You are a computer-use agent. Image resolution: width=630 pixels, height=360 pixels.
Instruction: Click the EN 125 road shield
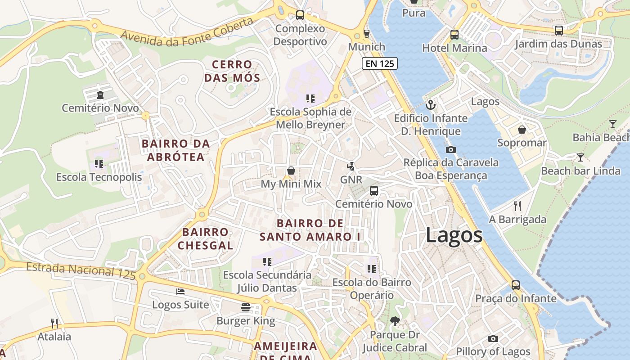coord(380,63)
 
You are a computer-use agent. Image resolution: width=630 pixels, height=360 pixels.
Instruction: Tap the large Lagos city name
coord(454,235)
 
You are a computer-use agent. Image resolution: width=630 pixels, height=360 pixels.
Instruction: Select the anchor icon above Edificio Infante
coord(431,105)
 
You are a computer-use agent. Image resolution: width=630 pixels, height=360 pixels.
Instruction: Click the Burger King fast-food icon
coord(246,307)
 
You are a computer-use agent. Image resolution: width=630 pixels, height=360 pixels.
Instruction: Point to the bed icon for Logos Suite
coord(180,292)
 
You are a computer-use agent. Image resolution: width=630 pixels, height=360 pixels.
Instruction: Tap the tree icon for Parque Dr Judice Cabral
coord(395,321)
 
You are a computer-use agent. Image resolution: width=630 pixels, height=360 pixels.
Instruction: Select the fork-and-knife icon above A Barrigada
coord(517,206)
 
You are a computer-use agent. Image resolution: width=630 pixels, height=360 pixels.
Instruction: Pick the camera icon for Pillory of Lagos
coord(493,338)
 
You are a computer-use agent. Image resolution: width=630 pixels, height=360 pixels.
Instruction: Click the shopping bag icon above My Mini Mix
coord(291,171)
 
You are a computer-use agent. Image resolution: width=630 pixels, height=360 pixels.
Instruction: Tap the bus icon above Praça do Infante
coord(516,285)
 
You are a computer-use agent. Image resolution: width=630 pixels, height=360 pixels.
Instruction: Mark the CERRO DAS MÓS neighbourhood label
coord(232,71)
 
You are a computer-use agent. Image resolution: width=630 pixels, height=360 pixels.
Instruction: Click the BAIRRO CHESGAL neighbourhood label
coord(205,239)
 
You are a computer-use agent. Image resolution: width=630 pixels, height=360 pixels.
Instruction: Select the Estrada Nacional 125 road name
coord(81,271)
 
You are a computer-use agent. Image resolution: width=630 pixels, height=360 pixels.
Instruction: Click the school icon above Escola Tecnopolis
coord(99,164)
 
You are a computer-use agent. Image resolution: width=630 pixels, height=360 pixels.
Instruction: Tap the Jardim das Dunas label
coord(558,44)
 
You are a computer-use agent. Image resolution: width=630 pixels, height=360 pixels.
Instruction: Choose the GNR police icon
coord(351,166)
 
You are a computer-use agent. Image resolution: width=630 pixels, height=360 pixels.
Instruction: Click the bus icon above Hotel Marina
coord(454,34)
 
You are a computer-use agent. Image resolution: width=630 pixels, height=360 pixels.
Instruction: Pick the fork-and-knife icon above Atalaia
coord(54,323)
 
